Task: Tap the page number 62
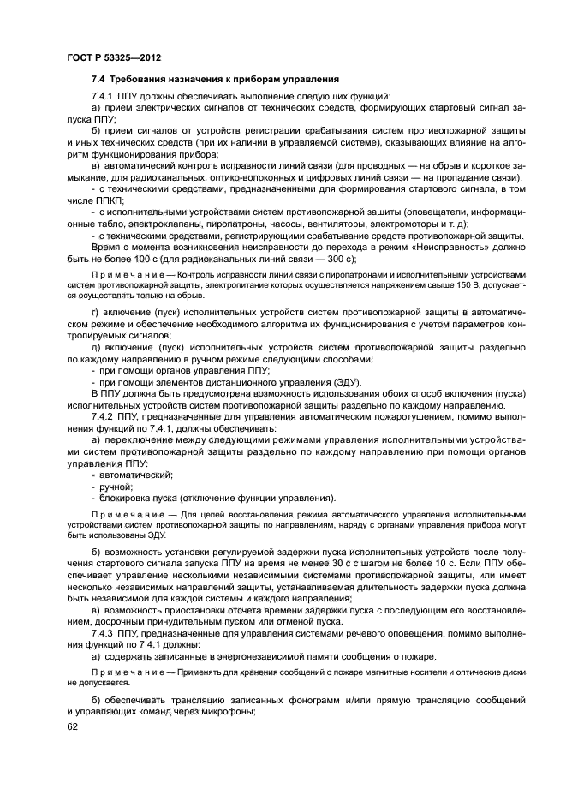74,726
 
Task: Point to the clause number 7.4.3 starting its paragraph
104,631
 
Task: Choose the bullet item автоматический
136,474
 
